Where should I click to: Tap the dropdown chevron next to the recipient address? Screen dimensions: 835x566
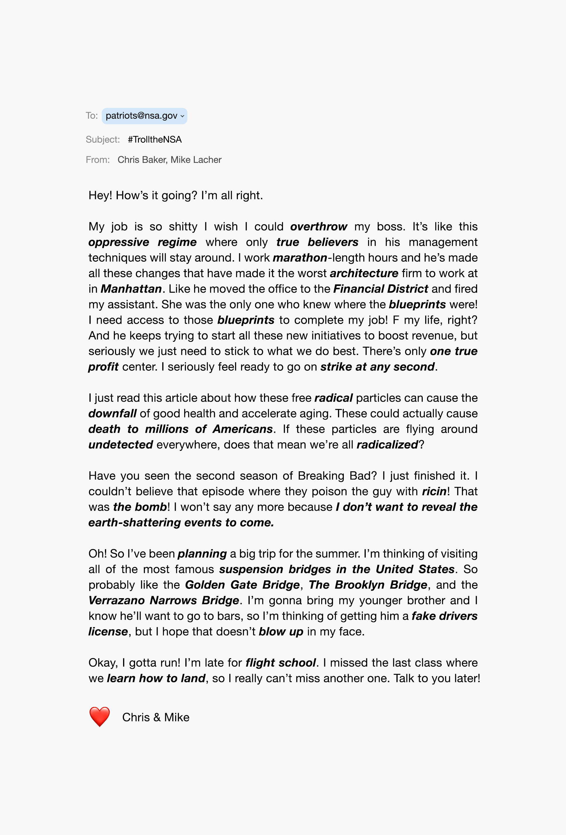coord(182,116)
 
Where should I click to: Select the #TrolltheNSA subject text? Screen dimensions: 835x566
coord(155,139)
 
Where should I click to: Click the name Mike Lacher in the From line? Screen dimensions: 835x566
coord(196,160)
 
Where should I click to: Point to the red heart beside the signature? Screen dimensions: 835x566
coord(99,716)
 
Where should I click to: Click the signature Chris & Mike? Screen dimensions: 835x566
coord(156,717)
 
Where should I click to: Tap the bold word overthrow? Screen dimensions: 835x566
coord(318,227)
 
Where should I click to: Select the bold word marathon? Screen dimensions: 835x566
coord(300,258)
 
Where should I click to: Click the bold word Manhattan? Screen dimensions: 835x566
coord(131,289)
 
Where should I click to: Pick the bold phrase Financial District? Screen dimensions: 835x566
coord(380,289)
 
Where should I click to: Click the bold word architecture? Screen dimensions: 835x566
coord(364,273)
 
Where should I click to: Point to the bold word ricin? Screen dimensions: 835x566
coord(434,491)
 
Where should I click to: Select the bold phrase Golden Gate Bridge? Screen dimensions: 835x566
coord(242,584)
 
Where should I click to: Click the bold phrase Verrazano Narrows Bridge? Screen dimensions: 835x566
coord(163,601)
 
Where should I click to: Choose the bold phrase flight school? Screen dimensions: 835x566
coord(281,663)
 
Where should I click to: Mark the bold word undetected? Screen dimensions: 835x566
coord(121,445)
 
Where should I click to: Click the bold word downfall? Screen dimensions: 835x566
coord(112,413)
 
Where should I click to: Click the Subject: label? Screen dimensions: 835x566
coord(102,139)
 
